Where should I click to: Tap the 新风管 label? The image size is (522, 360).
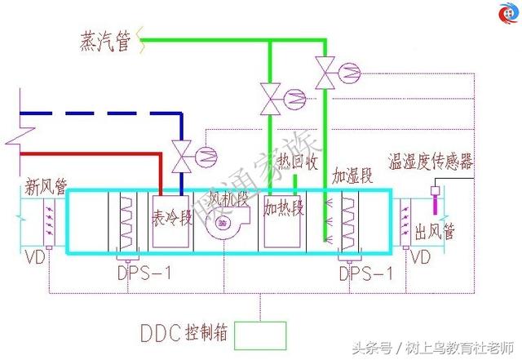point(45,183)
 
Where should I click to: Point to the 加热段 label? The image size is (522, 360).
point(283,208)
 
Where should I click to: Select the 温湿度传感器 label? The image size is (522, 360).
point(431,162)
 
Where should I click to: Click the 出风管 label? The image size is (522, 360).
point(434,231)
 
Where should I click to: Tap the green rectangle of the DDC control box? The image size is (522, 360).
point(260,333)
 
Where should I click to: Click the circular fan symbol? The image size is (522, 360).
point(223,223)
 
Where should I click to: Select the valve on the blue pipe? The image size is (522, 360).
point(181,155)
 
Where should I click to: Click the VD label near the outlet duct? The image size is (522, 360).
point(420,258)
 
